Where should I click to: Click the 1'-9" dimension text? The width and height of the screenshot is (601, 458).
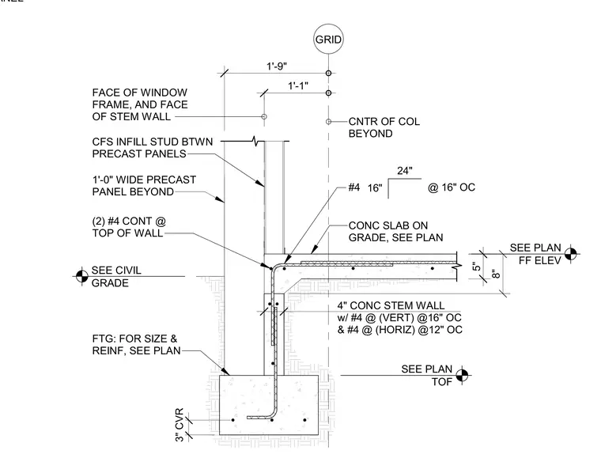tap(277, 66)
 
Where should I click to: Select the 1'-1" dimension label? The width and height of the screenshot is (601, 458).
tap(298, 86)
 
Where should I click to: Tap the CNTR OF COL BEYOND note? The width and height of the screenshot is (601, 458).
tap(384, 127)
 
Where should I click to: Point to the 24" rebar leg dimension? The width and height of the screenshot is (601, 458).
tap(405, 171)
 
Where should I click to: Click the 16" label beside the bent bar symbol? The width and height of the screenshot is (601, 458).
tap(375, 188)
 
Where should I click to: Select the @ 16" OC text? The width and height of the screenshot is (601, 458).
tap(452, 187)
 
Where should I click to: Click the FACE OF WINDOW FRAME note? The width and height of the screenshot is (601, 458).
tap(140, 104)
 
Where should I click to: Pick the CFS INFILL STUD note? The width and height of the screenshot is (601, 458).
tap(153, 148)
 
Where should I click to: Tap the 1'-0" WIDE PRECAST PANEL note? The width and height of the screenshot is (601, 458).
tap(144, 186)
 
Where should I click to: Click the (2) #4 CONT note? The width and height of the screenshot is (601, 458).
tap(129, 227)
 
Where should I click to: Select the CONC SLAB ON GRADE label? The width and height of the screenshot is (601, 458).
tap(395, 232)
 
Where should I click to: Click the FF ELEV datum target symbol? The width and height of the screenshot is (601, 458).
tap(570, 253)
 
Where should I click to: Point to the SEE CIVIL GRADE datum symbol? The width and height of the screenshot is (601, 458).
tap(81, 276)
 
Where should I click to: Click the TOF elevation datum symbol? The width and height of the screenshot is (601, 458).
tap(463, 375)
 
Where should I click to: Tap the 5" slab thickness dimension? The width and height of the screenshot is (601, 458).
tap(476, 267)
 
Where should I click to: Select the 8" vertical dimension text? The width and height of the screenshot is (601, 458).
tap(496, 274)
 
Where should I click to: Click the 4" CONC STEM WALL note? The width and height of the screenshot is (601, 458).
tap(400, 318)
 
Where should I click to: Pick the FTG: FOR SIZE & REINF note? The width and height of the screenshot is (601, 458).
tap(137, 345)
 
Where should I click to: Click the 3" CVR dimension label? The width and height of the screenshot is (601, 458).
tap(180, 425)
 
